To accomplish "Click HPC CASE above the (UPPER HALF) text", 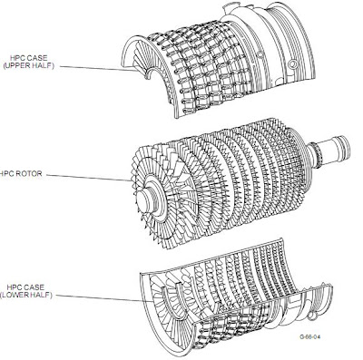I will tap(29, 54).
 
